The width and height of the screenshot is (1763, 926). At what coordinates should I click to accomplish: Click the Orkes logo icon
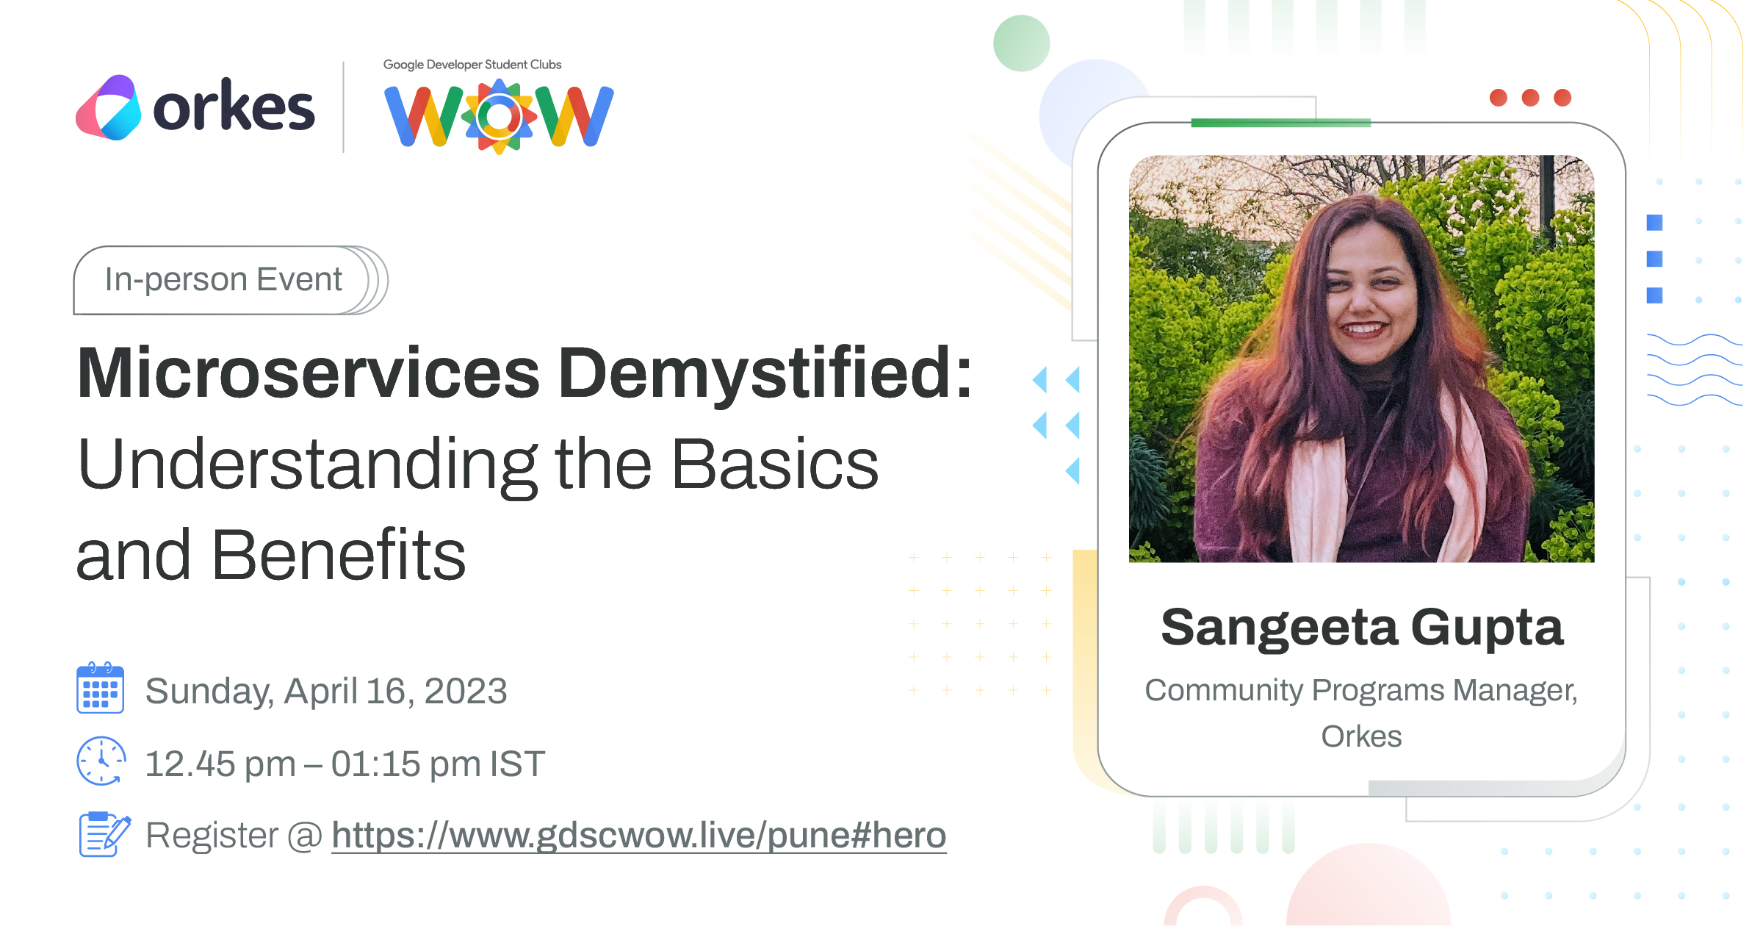pyautogui.click(x=109, y=107)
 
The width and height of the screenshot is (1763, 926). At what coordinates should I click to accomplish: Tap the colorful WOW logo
pyautogui.click(x=499, y=116)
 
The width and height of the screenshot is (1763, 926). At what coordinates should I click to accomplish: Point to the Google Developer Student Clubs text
pyautogui.click(x=472, y=65)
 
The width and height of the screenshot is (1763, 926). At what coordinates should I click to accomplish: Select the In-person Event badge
pyautogui.click(x=230, y=280)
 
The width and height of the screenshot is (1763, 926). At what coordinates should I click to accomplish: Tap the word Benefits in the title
pyautogui.click(x=339, y=556)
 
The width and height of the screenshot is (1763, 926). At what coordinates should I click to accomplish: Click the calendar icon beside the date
pyautogui.click(x=101, y=688)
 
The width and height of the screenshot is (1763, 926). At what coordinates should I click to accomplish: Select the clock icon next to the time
pyautogui.click(x=101, y=761)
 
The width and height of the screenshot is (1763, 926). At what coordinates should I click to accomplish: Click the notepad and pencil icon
pyautogui.click(x=104, y=834)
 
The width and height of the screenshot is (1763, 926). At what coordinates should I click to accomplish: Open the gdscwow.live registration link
pyautogui.click(x=639, y=836)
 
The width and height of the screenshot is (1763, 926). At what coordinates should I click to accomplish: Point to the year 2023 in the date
pyautogui.click(x=466, y=692)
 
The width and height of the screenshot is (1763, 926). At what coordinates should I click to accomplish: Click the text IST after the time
pyautogui.click(x=518, y=764)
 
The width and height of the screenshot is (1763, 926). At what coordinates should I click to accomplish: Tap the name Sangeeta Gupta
pyautogui.click(x=1362, y=628)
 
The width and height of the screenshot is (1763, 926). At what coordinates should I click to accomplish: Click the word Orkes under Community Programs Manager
pyautogui.click(x=1362, y=736)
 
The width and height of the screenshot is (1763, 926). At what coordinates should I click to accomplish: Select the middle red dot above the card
pyautogui.click(x=1530, y=98)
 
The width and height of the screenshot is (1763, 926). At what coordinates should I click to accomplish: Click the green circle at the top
pyautogui.click(x=1021, y=43)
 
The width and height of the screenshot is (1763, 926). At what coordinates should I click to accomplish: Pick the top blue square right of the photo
pyautogui.click(x=1654, y=223)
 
